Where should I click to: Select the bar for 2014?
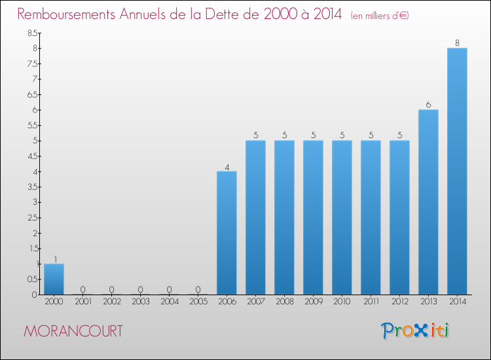(x=457, y=171)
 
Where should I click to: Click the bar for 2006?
(x=227, y=233)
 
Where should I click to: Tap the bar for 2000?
(x=54, y=279)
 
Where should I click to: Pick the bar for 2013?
(x=428, y=202)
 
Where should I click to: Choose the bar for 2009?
(x=313, y=217)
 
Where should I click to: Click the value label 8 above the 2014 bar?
(x=457, y=43)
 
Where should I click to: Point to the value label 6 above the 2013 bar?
(x=428, y=105)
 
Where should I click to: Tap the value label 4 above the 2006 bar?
(x=227, y=167)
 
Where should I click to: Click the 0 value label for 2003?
(x=140, y=289)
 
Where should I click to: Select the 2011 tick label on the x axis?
(x=371, y=302)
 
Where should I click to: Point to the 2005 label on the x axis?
(x=198, y=302)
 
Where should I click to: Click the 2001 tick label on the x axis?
(x=82, y=302)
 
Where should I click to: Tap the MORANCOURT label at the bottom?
(x=73, y=331)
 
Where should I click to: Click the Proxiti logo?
(x=416, y=331)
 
